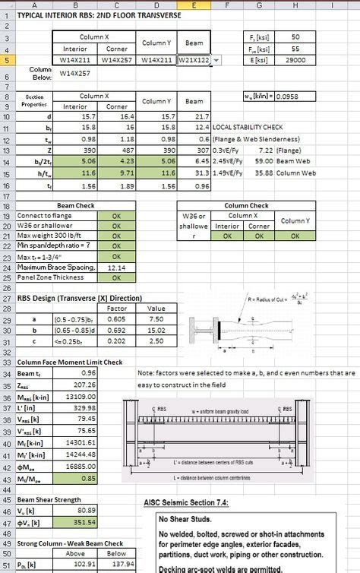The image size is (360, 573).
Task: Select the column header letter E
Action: click(195, 6)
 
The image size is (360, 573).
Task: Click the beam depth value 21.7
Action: click(195, 116)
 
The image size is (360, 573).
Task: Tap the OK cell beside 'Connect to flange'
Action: click(117, 216)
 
